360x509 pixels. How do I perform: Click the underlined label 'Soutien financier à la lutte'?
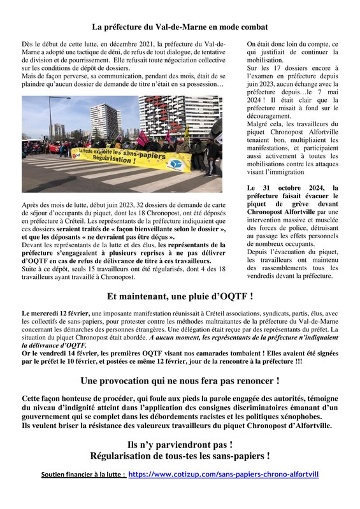click(x=83, y=475)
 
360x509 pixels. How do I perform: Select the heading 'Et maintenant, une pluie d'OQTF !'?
click(x=180, y=296)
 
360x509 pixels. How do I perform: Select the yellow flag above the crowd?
click(x=187, y=133)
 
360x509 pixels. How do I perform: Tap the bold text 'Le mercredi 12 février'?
click(x=56, y=314)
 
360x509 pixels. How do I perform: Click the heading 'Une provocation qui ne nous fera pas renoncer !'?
click(x=180, y=381)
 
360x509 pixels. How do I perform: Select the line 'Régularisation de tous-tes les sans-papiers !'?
click(x=180, y=455)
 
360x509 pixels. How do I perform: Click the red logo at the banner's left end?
click(x=76, y=154)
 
